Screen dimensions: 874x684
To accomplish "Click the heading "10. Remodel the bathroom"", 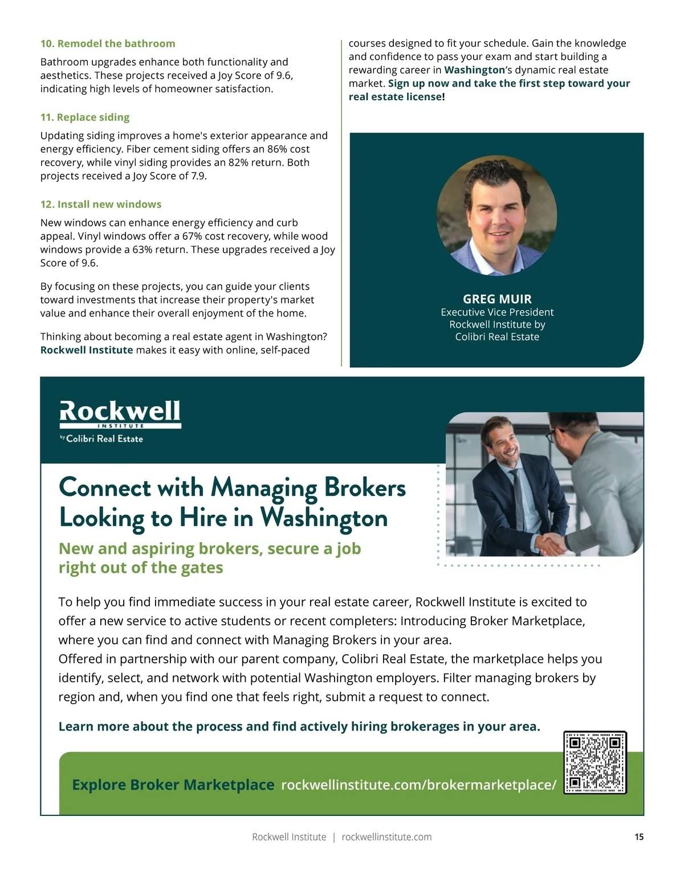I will click(108, 44).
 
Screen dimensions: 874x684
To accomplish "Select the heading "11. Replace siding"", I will click(85, 117).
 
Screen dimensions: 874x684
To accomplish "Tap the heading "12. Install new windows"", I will click(101, 204).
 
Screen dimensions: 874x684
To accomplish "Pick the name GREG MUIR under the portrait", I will click(497, 299).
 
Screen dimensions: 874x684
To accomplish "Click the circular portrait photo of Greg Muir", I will click(496, 216).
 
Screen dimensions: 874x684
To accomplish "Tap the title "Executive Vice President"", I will click(497, 312).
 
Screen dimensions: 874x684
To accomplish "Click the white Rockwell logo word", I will click(120, 411).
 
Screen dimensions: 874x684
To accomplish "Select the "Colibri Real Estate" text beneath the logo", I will click(104, 439).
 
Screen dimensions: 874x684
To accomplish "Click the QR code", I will click(595, 762).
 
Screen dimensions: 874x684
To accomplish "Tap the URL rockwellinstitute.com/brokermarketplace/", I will click(419, 785).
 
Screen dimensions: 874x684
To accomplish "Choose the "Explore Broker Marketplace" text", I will click(173, 785).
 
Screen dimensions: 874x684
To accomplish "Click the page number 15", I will click(639, 837).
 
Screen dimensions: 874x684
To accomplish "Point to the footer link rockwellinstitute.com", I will click(386, 837).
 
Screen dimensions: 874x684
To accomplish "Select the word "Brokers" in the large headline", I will click(365, 488).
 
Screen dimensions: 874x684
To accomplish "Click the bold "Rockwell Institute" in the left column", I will click(87, 350).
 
